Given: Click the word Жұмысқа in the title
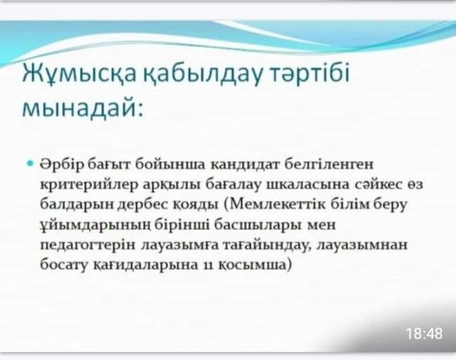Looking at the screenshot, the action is [x=79, y=73].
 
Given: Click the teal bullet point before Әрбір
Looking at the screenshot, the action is [x=30, y=163].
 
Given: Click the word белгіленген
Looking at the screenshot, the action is [x=329, y=164].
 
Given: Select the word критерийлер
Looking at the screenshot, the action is [x=89, y=184].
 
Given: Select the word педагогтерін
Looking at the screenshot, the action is [x=87, y=245].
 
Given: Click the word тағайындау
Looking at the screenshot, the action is [x=266, y=245].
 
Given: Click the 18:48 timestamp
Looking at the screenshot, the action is [x=424, y=333].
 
